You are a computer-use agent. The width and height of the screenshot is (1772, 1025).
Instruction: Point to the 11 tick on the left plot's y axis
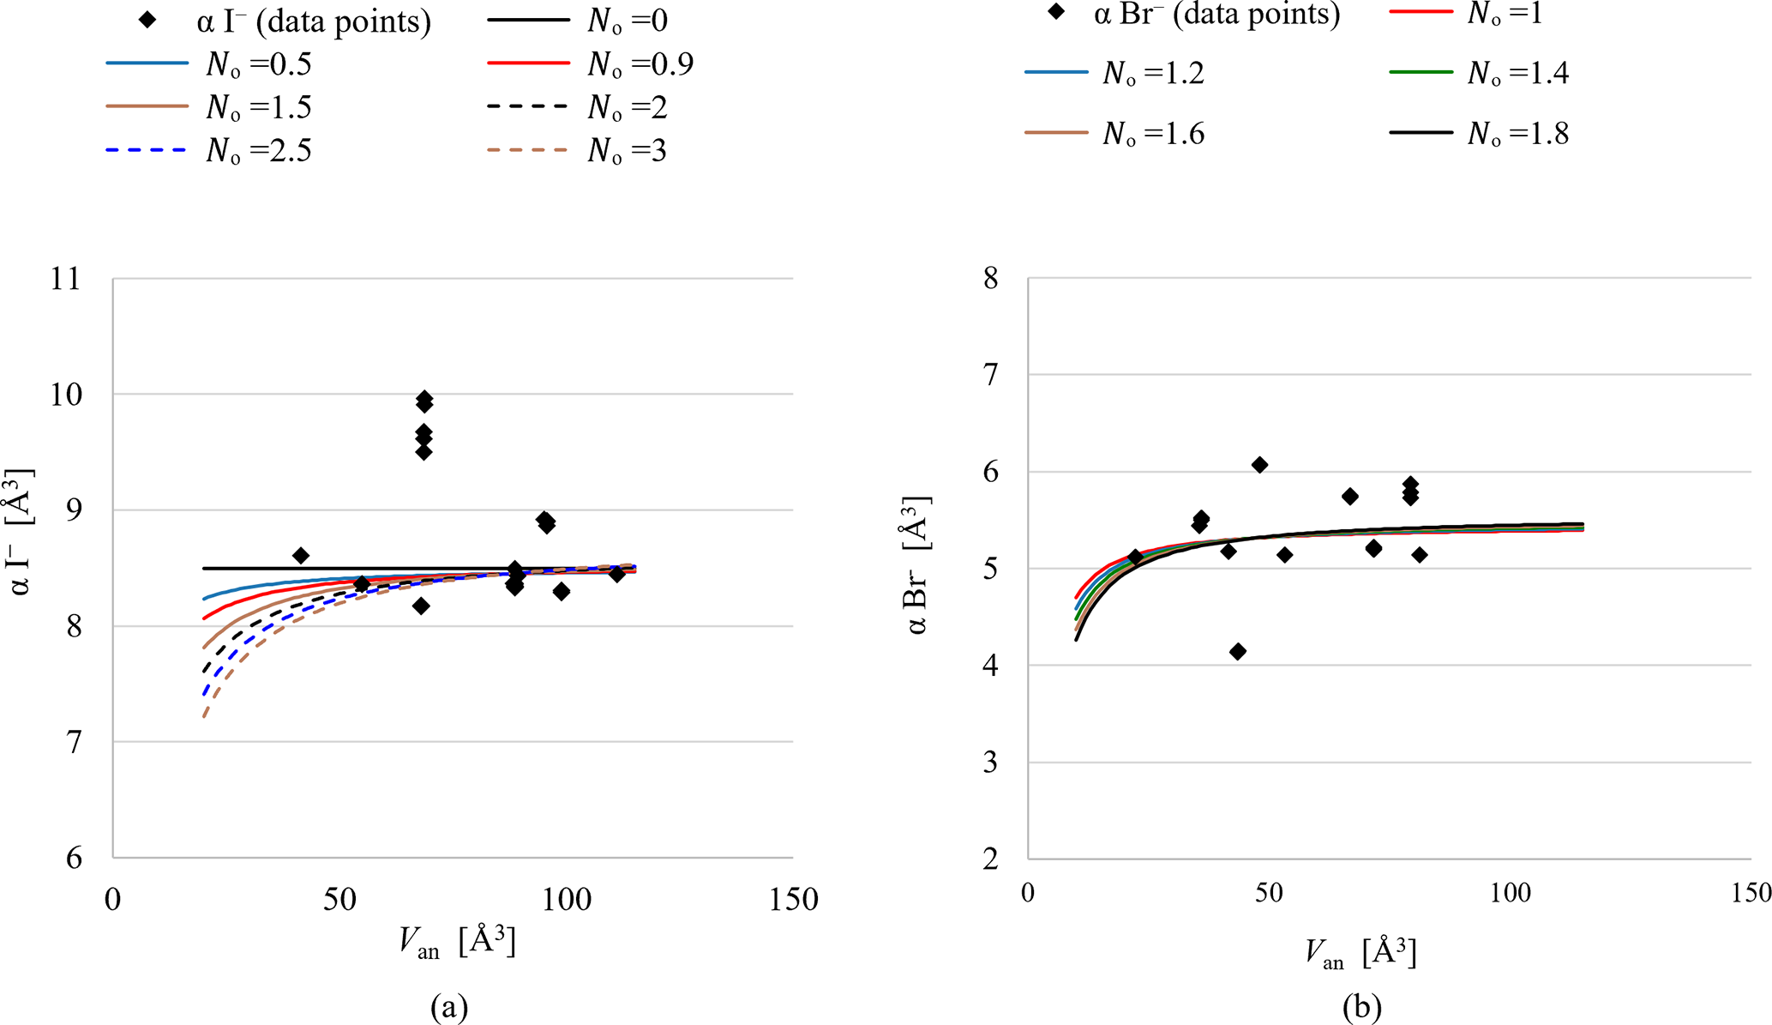coord(65,279)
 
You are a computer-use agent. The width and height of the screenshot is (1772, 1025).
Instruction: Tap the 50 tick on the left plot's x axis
coord(339,900)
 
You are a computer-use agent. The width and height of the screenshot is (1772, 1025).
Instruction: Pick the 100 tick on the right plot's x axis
coord(1510,893)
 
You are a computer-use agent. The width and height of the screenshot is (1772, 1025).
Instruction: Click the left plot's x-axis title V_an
coord(457,942)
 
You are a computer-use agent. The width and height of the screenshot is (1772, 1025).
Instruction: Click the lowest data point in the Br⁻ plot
coord(1238,652)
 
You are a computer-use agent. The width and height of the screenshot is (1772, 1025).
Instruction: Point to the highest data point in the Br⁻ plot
coord(1259,465)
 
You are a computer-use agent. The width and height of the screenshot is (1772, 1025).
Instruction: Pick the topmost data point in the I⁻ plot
coord(424,398)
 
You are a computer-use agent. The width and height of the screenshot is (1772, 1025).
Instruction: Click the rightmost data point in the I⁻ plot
coord(617,574)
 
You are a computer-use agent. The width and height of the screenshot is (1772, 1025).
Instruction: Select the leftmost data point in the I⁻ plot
coord(301,556)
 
